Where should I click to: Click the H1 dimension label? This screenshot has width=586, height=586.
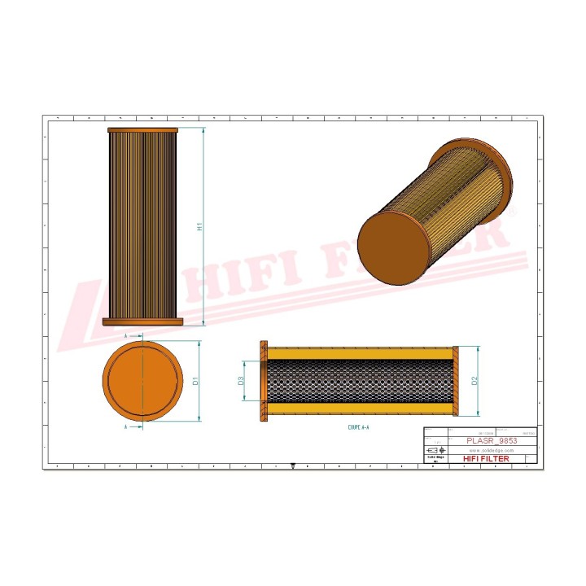(199, 228)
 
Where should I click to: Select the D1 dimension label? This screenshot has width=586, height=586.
(197, 380)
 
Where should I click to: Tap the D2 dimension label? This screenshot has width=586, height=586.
(474, 380)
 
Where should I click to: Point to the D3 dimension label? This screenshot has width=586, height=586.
(241, 380)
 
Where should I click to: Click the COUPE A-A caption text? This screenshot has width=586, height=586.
(359, 426)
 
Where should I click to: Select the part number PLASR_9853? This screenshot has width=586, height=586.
(492, 440)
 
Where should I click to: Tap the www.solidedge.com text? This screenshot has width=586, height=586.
(491, 450)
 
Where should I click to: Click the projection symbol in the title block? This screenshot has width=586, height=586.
(435, 450)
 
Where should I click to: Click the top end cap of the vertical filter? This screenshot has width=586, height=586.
(142, 130)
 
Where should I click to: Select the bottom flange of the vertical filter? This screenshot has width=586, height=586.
(142, 322)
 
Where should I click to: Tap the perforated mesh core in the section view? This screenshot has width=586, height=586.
(358, 380)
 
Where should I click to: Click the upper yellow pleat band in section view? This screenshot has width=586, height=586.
(358, 353)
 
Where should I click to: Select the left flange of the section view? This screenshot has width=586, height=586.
(263, 380)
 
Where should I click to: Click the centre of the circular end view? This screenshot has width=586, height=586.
(142, 380)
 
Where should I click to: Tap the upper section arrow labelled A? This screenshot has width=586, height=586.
(127, 335)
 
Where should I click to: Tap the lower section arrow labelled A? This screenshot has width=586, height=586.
(127, 426)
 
